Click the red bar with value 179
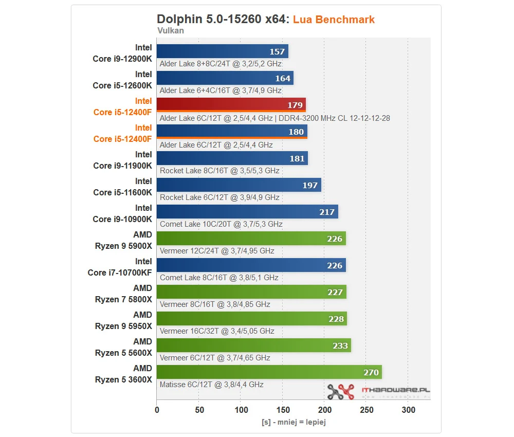point(231,104)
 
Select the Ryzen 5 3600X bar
point(269,372)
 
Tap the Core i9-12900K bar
point(222,51)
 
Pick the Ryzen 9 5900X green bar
point(251,238)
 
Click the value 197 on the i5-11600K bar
point(310,185)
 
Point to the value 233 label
point(340,345)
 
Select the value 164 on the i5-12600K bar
point(283,78)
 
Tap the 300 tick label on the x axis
point(408,410)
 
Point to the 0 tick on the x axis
point(157,410)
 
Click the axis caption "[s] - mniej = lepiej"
point(293,422)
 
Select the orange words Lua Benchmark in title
point(334,20)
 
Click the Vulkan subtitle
point(170,30)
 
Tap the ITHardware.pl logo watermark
point(378,392)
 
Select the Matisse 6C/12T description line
point(211,385)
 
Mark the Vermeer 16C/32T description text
point(217,331)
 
